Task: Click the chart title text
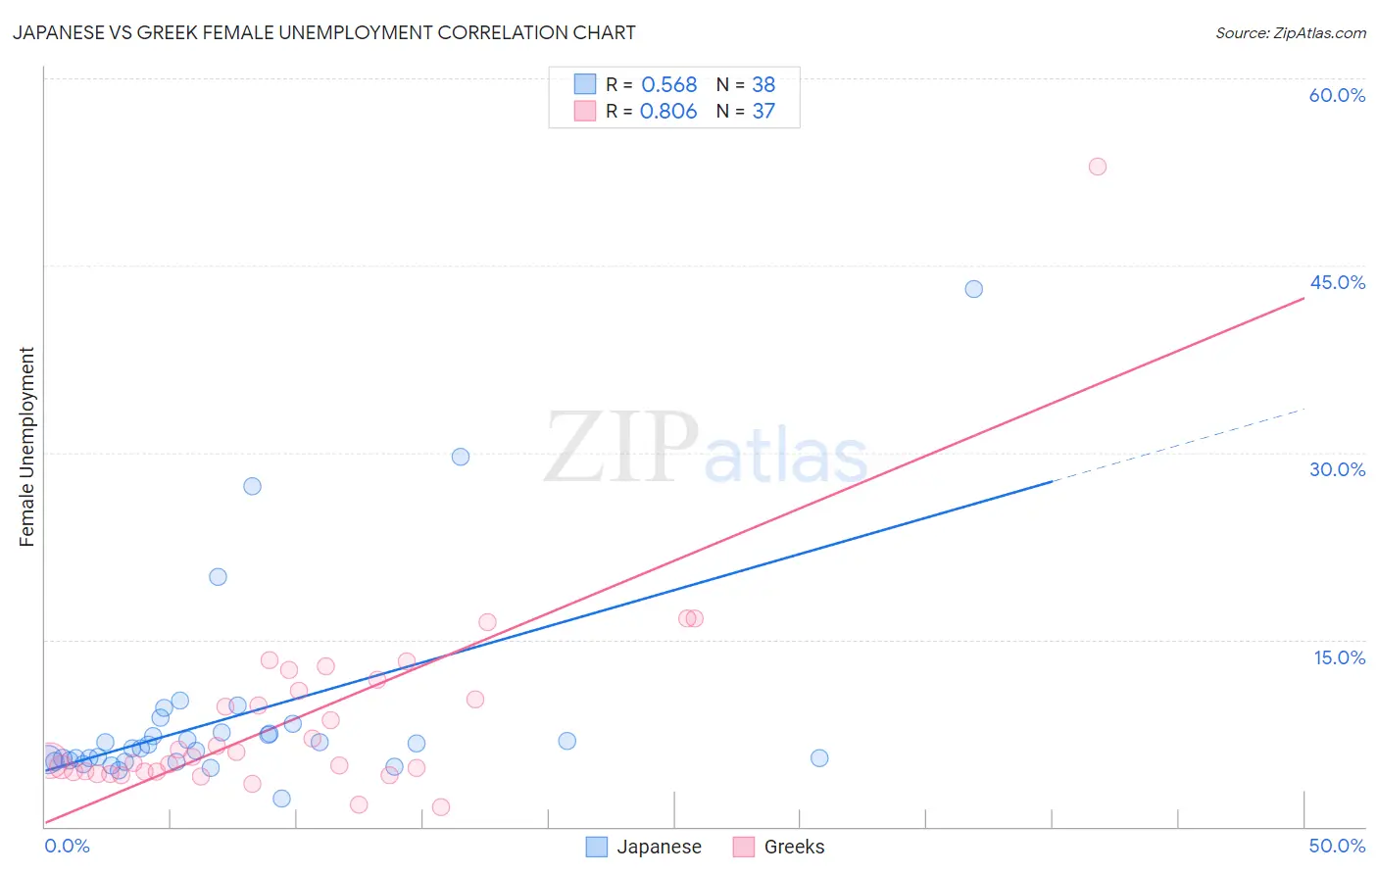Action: pyautogui.click(x=323, y=32)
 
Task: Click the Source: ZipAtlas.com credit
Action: pyautogui.click(x=1290, y=32)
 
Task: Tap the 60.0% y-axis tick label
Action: pyautogui.click(x=1337, y=95)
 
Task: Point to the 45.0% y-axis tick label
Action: pyautogui.click(x=1337, y=282)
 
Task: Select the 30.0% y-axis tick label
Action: pyautogui.click(x=1337, y=469)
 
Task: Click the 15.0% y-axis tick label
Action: pyautogui.click(x=1339, y=657)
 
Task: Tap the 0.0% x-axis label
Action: pyautogui.click(x=68, y=846)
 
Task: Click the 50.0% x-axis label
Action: pyautogui.click(x=1337, y=846)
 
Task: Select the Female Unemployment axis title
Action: pyautogui.click(x=26, y=447)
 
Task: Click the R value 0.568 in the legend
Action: pyautogui.click(x=668, y=84)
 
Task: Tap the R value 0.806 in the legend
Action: pyautogui.click(x=668, y=112)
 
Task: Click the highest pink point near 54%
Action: pyautogui.click(x=1098, y=167)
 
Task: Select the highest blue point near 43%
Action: pyautogui.click(x=973, y=289)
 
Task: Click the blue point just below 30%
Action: pyautogui.click(x=461, y=457)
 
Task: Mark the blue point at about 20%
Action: pyautogui.click(x=219, y=577)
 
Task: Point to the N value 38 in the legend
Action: pyautogui.click(x=763, y=84)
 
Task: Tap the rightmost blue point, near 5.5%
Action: pyautogui.click(x=819, y=757)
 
